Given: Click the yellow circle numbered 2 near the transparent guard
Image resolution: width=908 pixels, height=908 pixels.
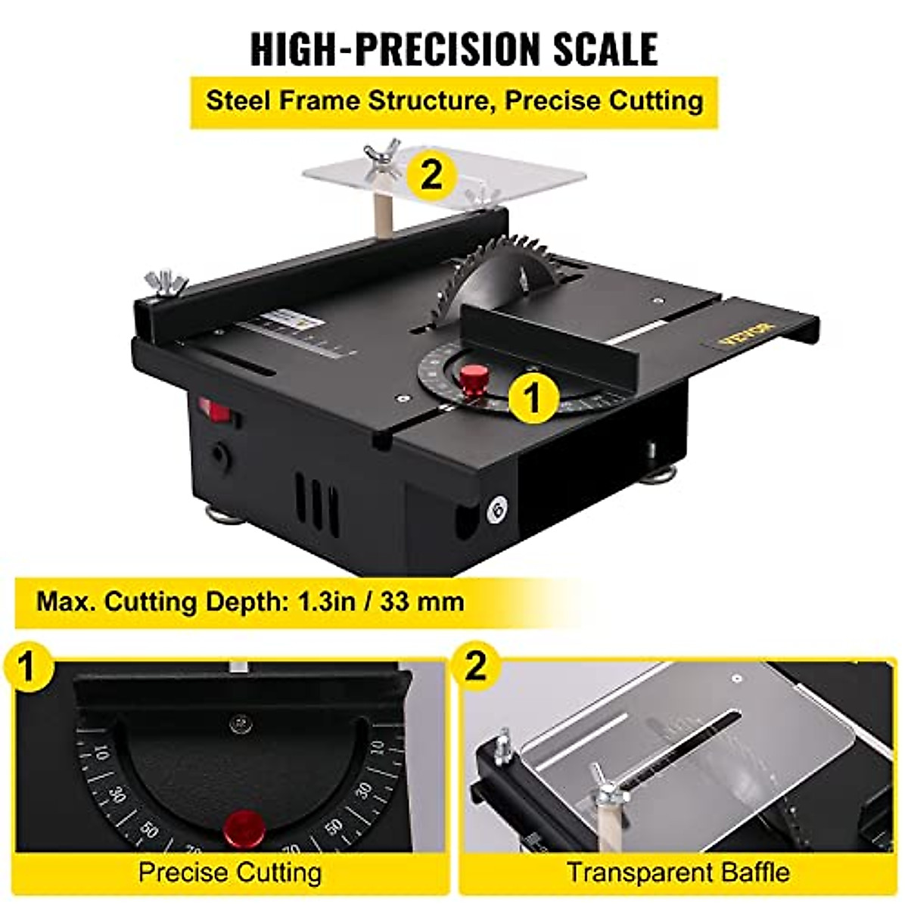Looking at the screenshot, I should [x=431, y=176].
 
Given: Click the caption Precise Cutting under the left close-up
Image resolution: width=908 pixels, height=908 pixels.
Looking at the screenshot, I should [x=230, y=872].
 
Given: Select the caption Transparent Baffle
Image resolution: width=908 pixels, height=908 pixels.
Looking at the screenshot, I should [x=678, y=872].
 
